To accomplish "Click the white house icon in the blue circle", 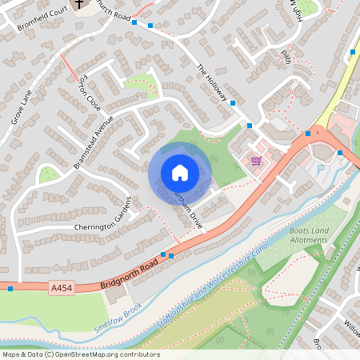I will click(180, 173).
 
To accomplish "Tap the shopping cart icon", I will click(256, 160).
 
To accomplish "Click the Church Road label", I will click(112, 13).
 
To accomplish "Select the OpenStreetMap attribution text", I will click(81, 354).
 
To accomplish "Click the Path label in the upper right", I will click(286, 56).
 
